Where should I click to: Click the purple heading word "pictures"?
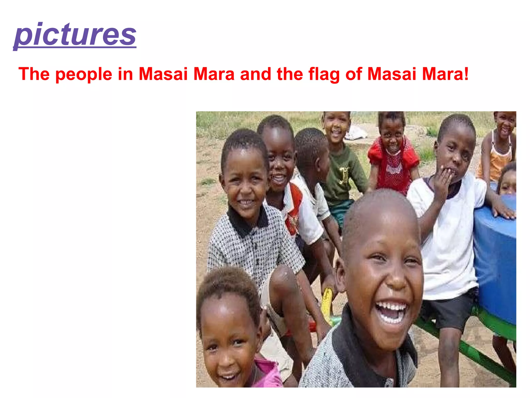pos(75,35)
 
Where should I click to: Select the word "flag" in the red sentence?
pos(324,74)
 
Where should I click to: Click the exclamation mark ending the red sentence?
pos(466,74)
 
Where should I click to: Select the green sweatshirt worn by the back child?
pos(342,176)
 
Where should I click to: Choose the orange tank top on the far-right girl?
pos(497,161)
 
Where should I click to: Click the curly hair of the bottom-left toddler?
pos(228,285)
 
